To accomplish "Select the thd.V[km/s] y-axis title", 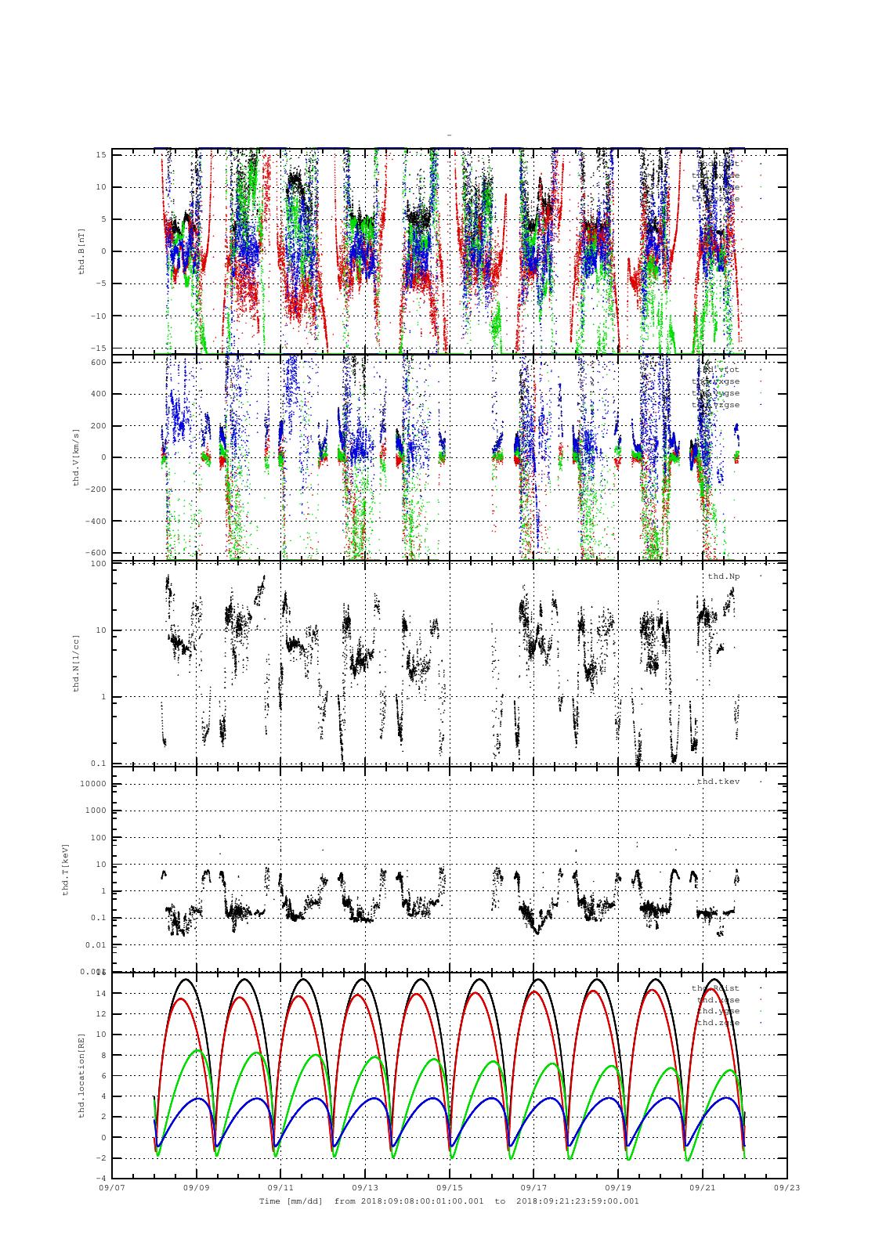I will [x=76, y=457].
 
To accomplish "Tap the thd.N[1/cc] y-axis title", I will [x=76, y=663].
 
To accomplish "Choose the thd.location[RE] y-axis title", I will [x=81, y=1074].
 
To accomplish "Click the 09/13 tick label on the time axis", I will [x=365, y=1187].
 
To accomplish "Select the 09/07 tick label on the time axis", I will [x=112, y=1187].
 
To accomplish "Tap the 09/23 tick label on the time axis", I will [x=787, y=1187].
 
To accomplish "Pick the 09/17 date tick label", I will [x=533, y=1187].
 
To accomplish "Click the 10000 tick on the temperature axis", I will [x=94, y=784].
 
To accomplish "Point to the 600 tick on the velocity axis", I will [x=98, y=363].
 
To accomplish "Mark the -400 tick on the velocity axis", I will [x=95, y=521].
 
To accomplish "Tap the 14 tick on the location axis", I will [x=101, y=993].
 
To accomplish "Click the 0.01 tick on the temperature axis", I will [x=96, y=944].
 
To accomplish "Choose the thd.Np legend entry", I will [x=723, y=576].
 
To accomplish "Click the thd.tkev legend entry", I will [x=718, y=782].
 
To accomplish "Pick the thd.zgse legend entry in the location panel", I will [x=718, y=1023].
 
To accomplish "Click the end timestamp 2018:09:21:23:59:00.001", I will [x=577, y=1201].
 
